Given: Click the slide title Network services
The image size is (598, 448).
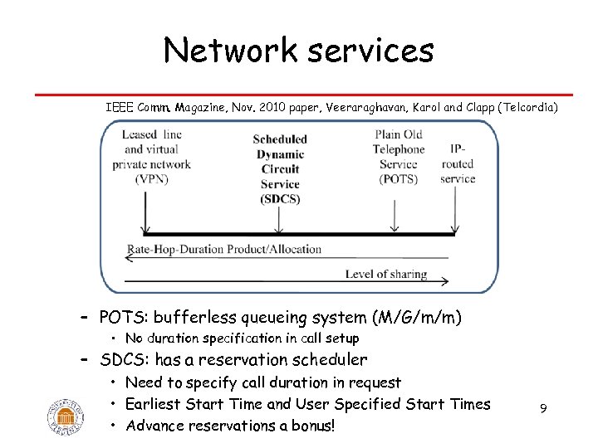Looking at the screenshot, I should point(299,51).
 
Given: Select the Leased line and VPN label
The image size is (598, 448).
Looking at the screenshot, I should point(152,157).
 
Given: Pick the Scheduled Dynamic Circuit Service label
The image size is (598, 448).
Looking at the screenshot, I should point(279,169).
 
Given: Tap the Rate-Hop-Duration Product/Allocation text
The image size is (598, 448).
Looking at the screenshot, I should point(224,249).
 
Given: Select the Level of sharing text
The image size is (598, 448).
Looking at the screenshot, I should point(386,274).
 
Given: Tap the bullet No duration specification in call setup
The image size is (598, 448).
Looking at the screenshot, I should point(242,338).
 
